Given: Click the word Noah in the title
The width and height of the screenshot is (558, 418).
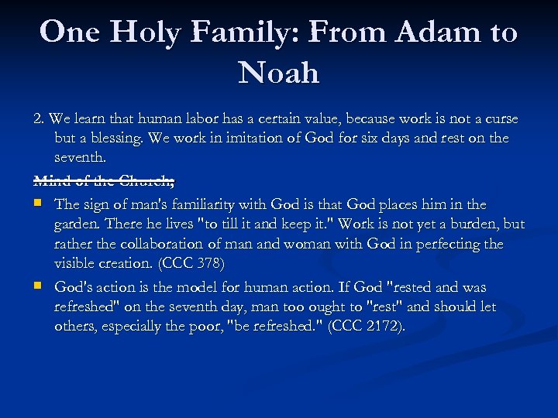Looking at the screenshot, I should [279, 73].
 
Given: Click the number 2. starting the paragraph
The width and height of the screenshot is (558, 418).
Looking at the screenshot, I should [39, 119].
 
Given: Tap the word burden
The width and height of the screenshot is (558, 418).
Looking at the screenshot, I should [475, 224].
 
